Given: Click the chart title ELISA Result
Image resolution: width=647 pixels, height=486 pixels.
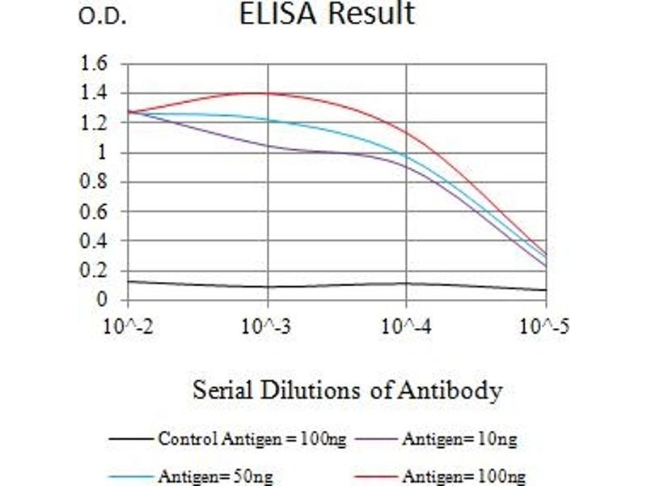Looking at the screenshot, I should click(x=327, y=14).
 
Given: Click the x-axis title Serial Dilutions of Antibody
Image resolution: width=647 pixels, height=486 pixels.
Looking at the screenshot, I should click(x=347, y=391).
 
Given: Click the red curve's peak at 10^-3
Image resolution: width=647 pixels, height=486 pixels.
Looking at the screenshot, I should click(x=268, y=93).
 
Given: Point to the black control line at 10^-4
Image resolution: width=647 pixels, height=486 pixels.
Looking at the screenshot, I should click(x=407, y=283).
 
